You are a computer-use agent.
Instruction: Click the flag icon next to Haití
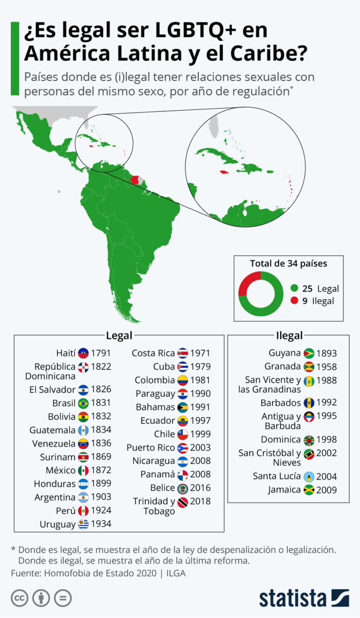(83, 353)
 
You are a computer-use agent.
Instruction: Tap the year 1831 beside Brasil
(101, 403)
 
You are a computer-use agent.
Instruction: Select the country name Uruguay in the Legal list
(57, 524)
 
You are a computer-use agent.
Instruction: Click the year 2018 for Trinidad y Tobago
(200, 501)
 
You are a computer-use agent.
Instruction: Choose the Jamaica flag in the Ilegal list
(309, 490)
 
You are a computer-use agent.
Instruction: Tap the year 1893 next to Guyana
(327, 353)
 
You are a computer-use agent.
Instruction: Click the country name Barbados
(284, 403)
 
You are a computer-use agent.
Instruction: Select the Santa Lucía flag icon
(309, 476)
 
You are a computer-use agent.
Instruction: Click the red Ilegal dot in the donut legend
(294, 301)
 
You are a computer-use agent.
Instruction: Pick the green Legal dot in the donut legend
(294, 288)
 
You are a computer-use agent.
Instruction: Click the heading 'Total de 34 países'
(288, 264)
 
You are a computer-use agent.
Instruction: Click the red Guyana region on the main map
(135, 180)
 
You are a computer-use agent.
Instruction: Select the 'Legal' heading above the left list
(119, 336)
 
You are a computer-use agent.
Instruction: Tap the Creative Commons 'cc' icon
(19, 598)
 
